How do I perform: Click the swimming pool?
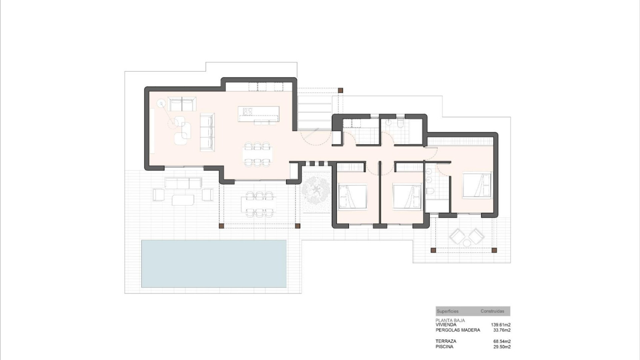click(x=214, y=263)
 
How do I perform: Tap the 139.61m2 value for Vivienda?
click(x=501, y=324)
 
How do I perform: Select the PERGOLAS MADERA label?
click(x=458, y=330)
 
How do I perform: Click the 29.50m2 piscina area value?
click(x=502, y=347)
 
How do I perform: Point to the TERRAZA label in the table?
click(x=446, y=341)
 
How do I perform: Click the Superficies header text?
click(x=447, y=311)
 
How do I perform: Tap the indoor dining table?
click(x=257, y=154)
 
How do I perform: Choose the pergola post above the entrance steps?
click(x=340, y=90)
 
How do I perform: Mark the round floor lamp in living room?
click(x=161, y=104)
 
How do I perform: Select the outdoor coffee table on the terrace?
click(x=183, y=200)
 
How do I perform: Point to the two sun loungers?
click(x=466, y=236)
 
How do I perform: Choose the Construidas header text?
click(x=492, y=311)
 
